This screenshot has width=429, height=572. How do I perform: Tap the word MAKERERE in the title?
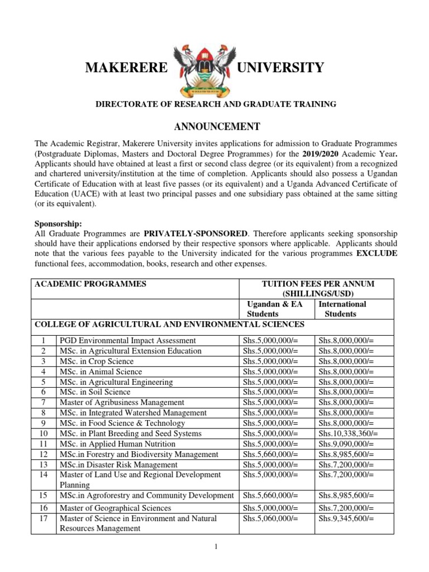click(x=126, y=68)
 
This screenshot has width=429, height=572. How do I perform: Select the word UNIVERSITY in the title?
click(x=280, y=68)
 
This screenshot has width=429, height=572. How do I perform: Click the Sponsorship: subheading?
click(x=58, y=223)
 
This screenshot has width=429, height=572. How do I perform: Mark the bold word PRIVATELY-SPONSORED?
click(x=187, y=233)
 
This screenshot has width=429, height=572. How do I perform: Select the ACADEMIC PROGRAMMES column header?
click(x=90, y=284)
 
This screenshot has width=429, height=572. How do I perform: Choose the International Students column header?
click(x=342, y=309)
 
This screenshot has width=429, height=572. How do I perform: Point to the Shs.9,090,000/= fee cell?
click(x=345, y=444)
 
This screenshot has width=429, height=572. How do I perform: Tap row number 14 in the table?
click(x=44, y=475)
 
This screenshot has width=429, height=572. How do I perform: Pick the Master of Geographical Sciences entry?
click(x=116, y=508)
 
